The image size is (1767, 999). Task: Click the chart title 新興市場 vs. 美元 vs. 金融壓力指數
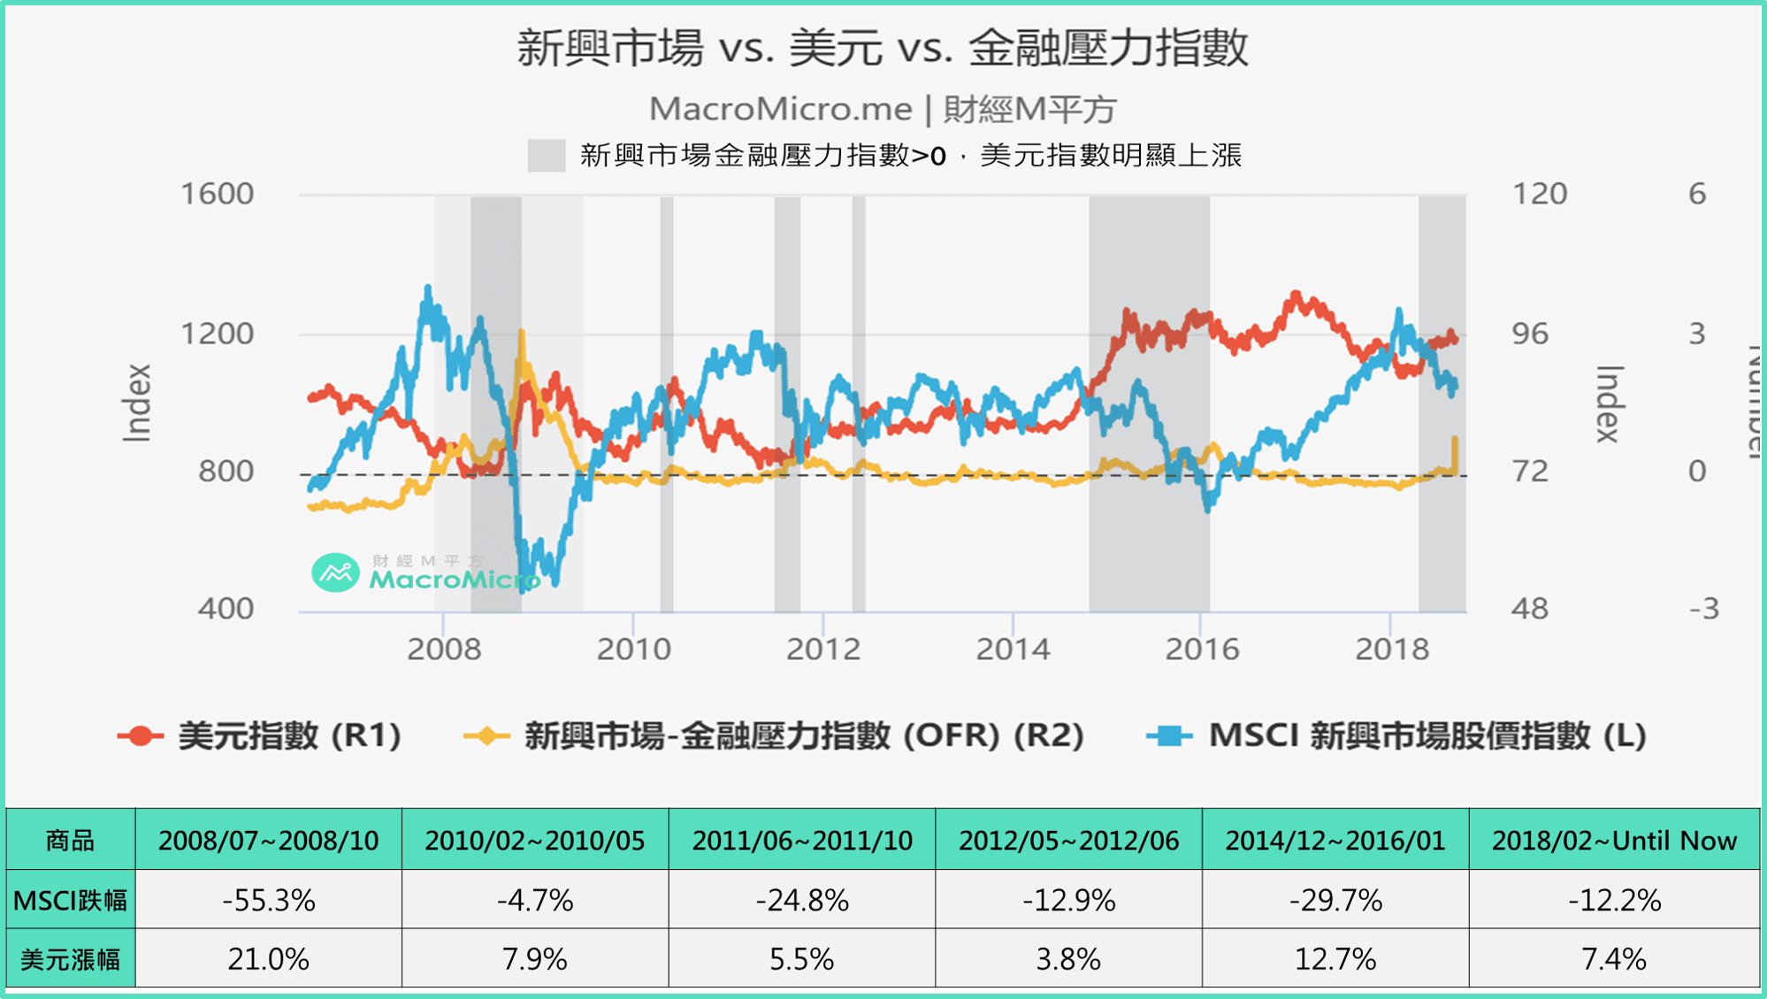pos(882,48)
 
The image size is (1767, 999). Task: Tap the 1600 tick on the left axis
pos(217,194)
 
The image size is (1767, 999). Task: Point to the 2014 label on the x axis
pos(1013,649)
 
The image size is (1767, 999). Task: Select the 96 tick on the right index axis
pos(1530,334)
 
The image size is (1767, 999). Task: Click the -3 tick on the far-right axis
pos(1703,609)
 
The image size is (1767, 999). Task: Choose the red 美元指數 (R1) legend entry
pos(261,735)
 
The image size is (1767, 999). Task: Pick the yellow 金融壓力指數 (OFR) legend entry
pos(775,735)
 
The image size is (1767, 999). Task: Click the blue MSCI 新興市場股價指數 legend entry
pos(1397,735)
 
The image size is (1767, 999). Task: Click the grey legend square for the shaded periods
pos(546,156)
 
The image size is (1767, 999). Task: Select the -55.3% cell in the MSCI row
pos(269,900)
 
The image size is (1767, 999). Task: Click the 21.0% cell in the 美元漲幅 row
pos(269,958)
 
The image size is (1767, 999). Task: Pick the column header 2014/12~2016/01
pos(1335,840)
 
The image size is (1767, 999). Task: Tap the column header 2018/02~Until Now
pos(1614,840)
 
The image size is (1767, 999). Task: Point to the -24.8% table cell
pos(801,900)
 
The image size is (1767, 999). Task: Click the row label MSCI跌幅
pos(71,900)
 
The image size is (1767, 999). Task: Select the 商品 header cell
pos(71,840)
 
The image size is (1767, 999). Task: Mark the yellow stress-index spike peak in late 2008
pos(521,333)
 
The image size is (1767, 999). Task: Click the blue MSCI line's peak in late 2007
pos(428,288)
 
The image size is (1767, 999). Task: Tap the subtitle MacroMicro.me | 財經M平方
pos(882,110)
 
